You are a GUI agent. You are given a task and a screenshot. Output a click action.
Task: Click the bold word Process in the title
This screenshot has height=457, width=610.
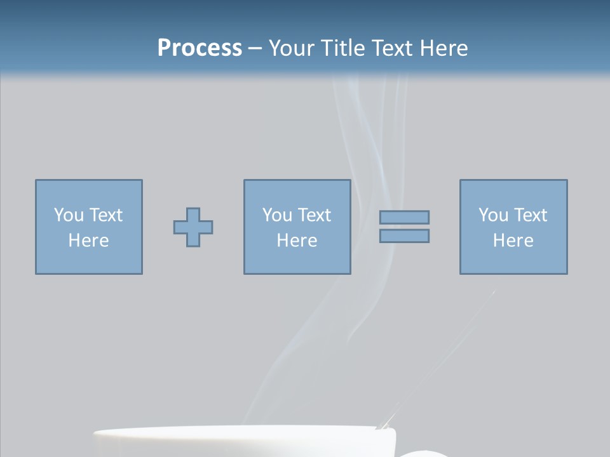point(200,48)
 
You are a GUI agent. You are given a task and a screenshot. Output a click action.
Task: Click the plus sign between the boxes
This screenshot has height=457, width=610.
point(193,227)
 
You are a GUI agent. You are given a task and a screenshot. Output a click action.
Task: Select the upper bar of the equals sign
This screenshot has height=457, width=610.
point(404,217)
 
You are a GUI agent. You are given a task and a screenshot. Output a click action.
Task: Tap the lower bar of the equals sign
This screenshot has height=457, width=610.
point(404,236)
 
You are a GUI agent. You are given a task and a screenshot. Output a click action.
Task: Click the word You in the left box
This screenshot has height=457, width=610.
point(68,215)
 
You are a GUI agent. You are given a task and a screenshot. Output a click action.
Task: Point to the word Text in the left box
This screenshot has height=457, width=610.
point(105,215)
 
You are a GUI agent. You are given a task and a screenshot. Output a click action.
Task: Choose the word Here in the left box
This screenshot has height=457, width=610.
point(89,241)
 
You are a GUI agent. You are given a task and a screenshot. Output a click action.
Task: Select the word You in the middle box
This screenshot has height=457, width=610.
point(276,215)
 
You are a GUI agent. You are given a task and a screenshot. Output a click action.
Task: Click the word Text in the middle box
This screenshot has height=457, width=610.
point(314,215)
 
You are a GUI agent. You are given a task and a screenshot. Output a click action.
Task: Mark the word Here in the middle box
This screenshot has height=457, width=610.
point(297,241)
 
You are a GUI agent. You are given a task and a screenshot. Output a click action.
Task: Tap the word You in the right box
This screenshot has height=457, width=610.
point(492,215)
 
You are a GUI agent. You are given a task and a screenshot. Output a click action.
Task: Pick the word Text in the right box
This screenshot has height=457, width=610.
point(530,215)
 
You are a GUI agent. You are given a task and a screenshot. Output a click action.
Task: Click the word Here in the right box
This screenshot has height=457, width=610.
point(513,241)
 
